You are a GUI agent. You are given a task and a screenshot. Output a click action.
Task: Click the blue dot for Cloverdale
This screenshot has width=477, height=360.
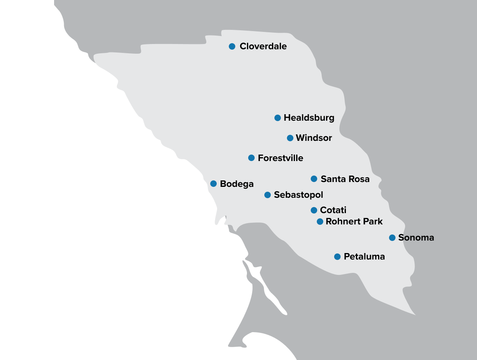(x=232, y=46)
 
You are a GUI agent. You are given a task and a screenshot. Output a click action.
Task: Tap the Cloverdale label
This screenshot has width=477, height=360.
(x=263, y=46)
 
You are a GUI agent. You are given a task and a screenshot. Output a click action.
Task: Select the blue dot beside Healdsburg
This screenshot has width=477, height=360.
(x=278, y=118)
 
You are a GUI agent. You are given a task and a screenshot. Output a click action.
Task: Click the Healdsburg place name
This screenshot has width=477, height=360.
(x=309, y=118)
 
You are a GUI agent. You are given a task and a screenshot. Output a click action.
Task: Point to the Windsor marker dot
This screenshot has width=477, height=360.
(x=290, y=138)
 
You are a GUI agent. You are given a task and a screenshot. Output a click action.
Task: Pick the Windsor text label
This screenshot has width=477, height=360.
(x=314, y=138)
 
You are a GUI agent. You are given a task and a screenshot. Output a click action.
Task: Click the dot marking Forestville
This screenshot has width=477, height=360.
(x=251, y=158)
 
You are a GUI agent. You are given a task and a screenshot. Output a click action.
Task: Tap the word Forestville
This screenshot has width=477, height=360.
(x=280, y=158)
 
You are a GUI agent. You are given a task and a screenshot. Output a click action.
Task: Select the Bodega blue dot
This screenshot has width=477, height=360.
(x=213, y=184)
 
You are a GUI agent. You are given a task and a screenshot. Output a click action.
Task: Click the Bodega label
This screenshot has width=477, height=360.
(x=236, y=184)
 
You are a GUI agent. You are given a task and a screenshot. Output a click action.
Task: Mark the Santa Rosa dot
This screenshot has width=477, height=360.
(x=314, y=179)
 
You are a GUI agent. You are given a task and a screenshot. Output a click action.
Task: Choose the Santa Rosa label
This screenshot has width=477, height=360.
(x=345, y=179)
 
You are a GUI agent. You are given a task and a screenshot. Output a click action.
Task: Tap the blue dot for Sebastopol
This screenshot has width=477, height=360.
(x=268, y=195)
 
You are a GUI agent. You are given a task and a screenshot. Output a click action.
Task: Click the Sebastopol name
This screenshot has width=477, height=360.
(x=298, y=195)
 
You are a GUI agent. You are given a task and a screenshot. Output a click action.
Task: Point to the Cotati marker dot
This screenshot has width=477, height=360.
(x=314, y=210)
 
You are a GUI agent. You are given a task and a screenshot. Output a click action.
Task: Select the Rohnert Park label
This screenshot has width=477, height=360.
(x=354, y=222)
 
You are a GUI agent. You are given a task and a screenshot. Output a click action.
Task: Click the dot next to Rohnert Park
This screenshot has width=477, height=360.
(x=320, y=222)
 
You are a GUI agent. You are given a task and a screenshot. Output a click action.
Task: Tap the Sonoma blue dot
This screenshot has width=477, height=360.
(x=392, y=238)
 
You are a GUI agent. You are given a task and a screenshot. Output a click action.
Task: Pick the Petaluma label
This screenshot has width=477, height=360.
(x=364, y=257)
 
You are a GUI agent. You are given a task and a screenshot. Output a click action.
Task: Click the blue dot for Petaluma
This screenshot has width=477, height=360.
(x=337, y=257)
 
